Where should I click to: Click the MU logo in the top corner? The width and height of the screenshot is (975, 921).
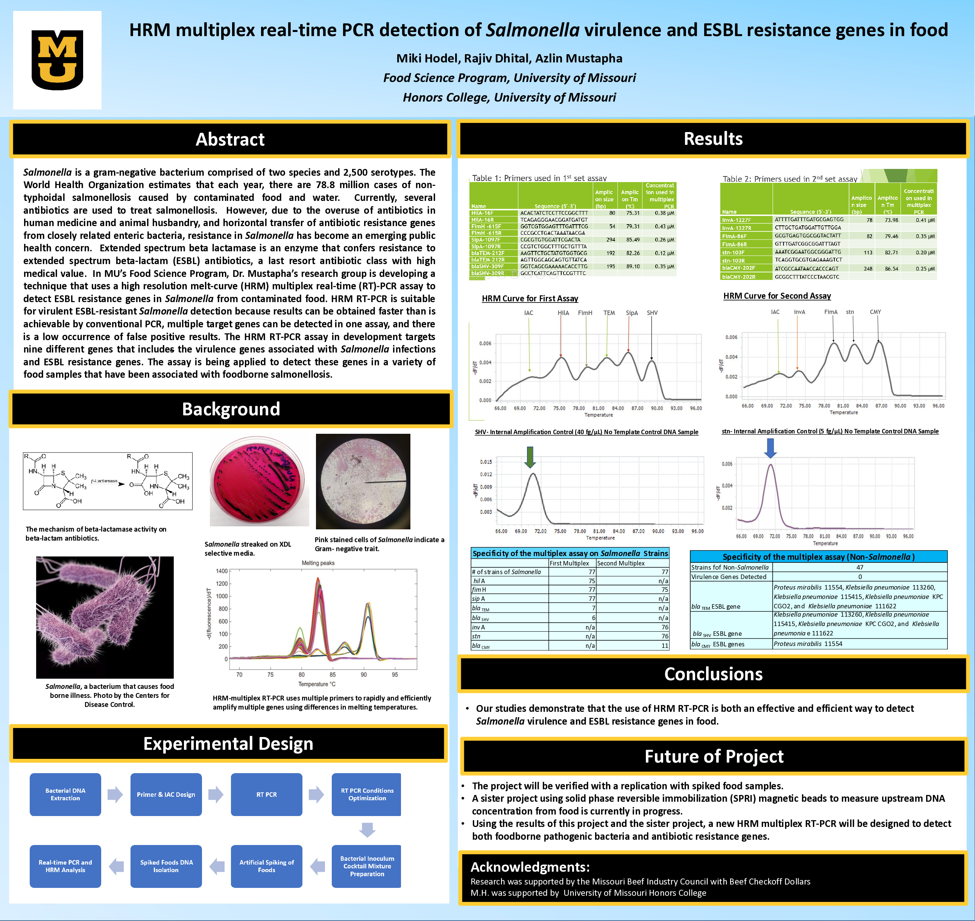(x=57, y=60)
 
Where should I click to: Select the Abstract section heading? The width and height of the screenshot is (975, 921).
(x=230, y=140)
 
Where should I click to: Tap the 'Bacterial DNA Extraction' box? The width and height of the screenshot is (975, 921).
(x=65, y=794)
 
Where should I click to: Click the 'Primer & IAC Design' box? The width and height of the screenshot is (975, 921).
(x=166, y=794)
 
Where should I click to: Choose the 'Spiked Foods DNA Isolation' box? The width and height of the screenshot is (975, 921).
(x=166, y=866)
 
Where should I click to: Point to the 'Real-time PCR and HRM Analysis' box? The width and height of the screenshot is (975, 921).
(x=65, y=866)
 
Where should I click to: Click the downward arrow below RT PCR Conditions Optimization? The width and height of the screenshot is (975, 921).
(x=367, y=830)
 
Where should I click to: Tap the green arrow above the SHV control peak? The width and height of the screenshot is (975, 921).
(x=530, y=457)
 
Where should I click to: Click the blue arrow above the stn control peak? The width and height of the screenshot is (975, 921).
(x=770, y=448)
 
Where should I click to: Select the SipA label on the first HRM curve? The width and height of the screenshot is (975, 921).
(x=632, y=313)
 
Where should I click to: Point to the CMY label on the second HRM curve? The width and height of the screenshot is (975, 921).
(x=875, y=312)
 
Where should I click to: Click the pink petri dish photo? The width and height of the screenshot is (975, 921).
(x=259, y=481)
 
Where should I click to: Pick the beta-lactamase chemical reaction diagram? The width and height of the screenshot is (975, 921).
(x=108, y=481)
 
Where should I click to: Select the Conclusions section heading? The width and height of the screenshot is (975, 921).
(x=713, y=674)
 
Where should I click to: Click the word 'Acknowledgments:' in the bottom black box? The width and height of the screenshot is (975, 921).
(x=530, y=867)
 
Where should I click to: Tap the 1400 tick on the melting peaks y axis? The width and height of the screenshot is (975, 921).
(x=222, y=571)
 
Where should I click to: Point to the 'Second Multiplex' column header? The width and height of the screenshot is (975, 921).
(x=621, y=563)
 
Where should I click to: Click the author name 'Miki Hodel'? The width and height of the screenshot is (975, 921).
(x=426, y=58)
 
